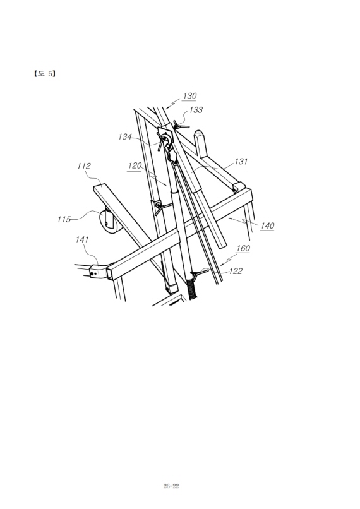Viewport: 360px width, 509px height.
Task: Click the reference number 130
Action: [x=189, y=96]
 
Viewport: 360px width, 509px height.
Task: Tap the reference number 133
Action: [x=196, y=110]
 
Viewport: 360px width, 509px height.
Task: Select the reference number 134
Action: [x=125, y=136]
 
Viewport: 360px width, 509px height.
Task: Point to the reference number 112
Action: [x=84, y=166]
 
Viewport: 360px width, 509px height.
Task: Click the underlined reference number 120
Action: [x=135, y=165]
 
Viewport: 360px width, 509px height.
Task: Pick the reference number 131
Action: [x=241, y=161]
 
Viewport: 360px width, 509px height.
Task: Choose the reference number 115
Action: [x=64, y=219]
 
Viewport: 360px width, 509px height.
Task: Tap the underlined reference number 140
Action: [x=267, y=225]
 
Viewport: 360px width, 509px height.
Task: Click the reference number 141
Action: [x=82, y=239]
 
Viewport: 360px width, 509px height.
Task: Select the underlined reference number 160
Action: [x=243, y=248]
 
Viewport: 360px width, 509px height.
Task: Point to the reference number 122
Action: [x=236, y=271]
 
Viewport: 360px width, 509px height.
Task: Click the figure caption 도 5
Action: [x=44, y=74]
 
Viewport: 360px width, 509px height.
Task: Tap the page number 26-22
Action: [x=171, y=486]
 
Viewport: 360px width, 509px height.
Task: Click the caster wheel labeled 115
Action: [x=110, y=222]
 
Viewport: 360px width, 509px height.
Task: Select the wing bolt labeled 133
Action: [x=181, y=125]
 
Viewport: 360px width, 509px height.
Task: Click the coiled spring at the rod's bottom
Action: [x=192, y=289]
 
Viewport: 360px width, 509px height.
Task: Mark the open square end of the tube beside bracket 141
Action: [x=112, y=272]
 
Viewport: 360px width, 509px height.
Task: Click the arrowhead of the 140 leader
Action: [x=230, y=219]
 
